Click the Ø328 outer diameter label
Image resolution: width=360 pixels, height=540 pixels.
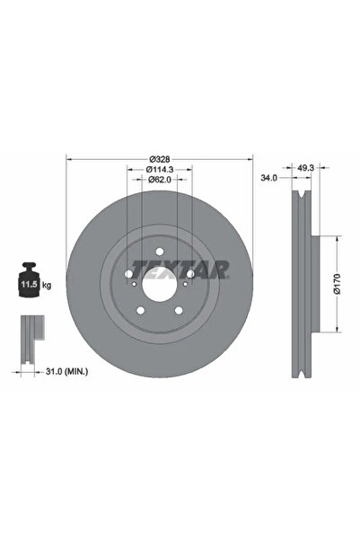(160, 158)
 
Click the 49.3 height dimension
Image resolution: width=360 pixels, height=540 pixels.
(305, 168)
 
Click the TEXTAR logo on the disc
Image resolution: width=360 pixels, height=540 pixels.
(180, 269)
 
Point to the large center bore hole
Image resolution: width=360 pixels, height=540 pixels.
(161, 286)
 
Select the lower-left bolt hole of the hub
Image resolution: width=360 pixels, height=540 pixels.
(140, 313)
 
